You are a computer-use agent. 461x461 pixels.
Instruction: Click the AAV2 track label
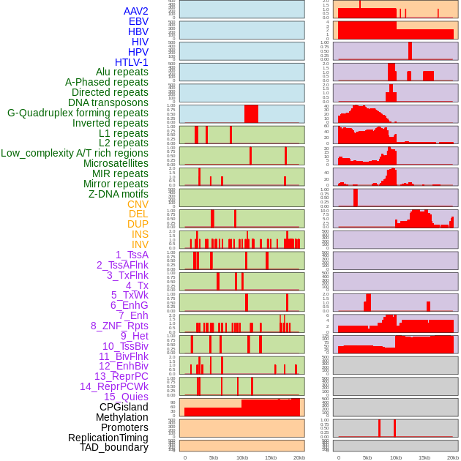(136, 11)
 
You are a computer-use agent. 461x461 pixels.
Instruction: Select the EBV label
(138, 21)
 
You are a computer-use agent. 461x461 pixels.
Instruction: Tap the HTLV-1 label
(132, 62)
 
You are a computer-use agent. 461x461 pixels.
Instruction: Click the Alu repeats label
(122, 72)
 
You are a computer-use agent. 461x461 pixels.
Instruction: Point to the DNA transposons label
(108, 102)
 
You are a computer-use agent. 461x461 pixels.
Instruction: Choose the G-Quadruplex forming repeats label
(78, 113)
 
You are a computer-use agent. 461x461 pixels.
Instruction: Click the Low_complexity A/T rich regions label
(75, 153)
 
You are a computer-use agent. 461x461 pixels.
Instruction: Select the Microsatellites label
(116, 163)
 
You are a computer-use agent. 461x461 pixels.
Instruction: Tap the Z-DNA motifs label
(119, 194)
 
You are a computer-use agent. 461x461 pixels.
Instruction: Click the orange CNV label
(138, 204)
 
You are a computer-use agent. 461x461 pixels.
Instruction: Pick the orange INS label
(140, 234)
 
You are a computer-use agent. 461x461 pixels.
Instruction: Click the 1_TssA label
(132, 255)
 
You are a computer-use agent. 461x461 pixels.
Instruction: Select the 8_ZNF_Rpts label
(119, 326)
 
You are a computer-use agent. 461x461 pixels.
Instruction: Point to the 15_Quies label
(126, 397)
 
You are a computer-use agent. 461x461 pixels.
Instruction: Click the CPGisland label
(124, 407)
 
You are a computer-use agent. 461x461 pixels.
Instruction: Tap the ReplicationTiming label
(108, 438)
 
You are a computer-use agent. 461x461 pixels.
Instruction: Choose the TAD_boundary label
(114, 447)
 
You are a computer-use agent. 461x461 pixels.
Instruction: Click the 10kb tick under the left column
(242, 457)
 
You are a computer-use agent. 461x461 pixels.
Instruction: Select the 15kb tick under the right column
(424, 457)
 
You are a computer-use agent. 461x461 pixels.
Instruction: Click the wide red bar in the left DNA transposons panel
(251, 114)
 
